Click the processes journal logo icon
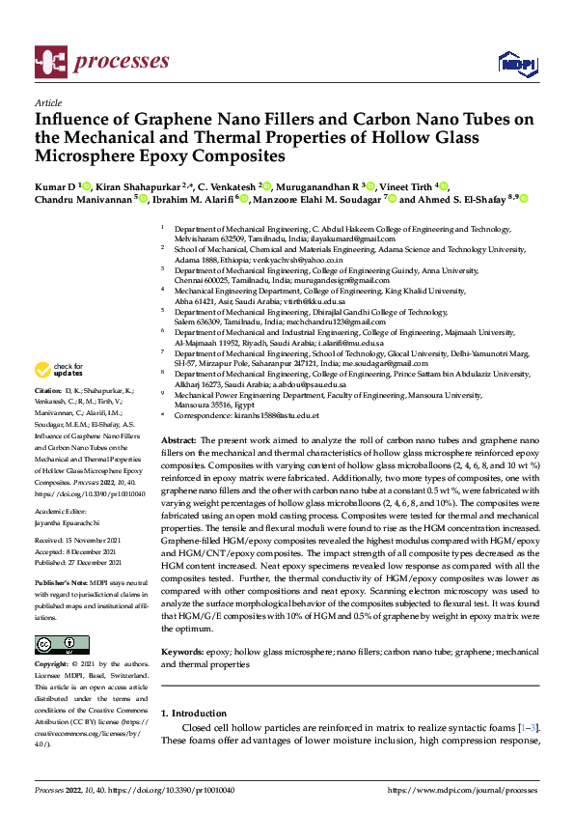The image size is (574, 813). pos(50,61)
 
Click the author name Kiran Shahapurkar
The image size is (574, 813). pos(138,184)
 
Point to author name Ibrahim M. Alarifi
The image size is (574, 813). pos(192,200)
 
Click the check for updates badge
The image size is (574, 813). pos(59,371)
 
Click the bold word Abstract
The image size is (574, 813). pos(178,439)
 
